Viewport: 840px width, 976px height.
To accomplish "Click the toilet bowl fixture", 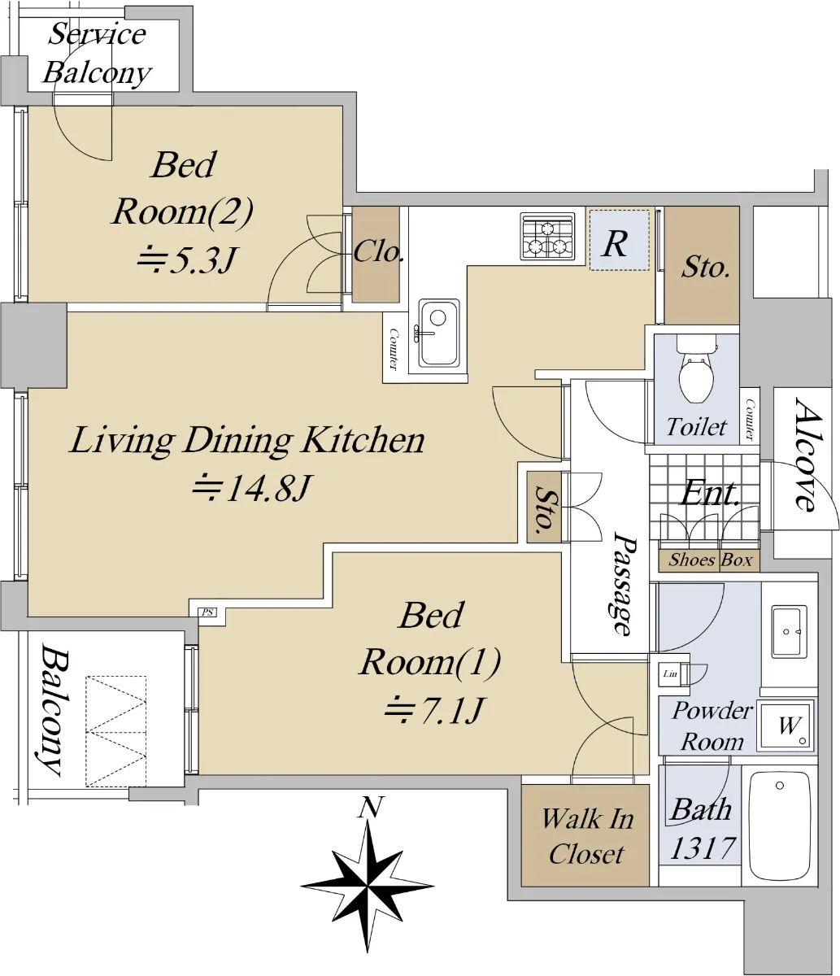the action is coord(695,368).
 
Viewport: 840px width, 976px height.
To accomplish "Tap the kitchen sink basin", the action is coord(438,333).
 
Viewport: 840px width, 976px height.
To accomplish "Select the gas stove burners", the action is coord(547,236).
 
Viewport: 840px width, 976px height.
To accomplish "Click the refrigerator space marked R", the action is coord(619,241).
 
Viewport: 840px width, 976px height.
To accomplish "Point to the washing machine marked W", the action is coord(786,725).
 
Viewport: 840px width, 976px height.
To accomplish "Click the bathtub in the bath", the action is coord(780,826).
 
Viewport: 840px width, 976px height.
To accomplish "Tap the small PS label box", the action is coord(207,612).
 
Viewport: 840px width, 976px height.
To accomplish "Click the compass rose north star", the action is coord(368,886).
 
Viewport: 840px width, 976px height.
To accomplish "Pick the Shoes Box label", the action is coord(710,560).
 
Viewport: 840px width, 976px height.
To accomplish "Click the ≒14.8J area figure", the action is coord(251,487).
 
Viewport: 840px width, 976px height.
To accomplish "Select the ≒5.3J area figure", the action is coord(185,259).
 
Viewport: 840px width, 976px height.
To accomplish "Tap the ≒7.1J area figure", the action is coord(434,710).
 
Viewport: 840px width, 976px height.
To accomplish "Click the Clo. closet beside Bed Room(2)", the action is coord(376,254).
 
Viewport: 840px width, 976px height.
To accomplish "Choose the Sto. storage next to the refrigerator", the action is coord(702,265).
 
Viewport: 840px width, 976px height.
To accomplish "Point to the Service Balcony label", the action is coord(97,54).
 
